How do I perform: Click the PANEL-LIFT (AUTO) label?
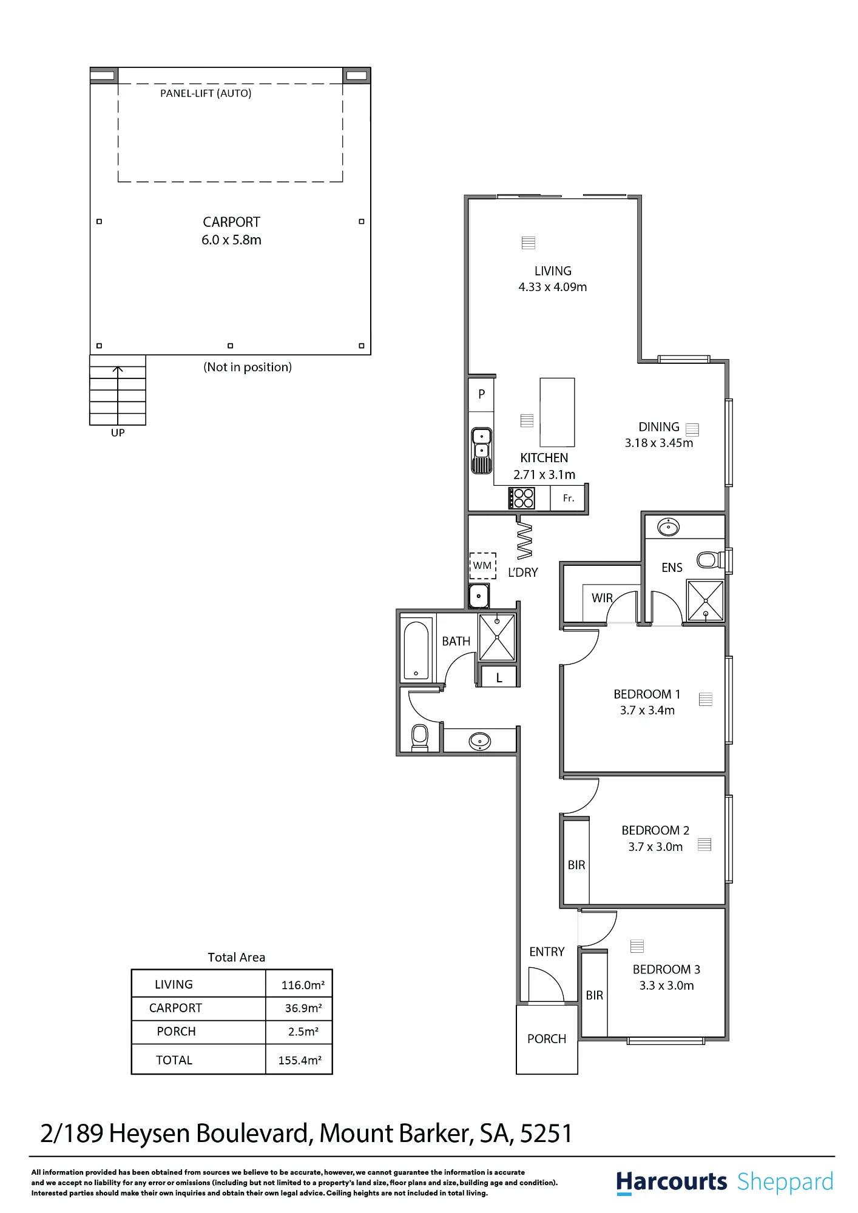point(206,93)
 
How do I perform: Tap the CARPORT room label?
point(231,222)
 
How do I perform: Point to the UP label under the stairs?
point(118,432)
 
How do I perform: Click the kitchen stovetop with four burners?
point(522,499)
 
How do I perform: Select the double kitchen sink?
point(482,451)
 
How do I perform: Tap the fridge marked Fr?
point(569,499)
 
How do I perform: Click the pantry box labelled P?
point(482,394)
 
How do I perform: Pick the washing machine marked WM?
point(482,566)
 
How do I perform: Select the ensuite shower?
point(705,600)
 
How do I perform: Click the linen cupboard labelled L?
point(499,677)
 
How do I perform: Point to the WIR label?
point(602,598)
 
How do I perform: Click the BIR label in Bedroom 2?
point(576,865)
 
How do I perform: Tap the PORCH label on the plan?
point(547,1039)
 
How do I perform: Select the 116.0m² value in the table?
point(303,985)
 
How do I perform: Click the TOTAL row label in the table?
point(174,1060)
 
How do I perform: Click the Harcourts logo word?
point(671,1182)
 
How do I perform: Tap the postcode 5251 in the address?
point(546,1134)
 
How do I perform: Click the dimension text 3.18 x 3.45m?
point(659,443)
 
